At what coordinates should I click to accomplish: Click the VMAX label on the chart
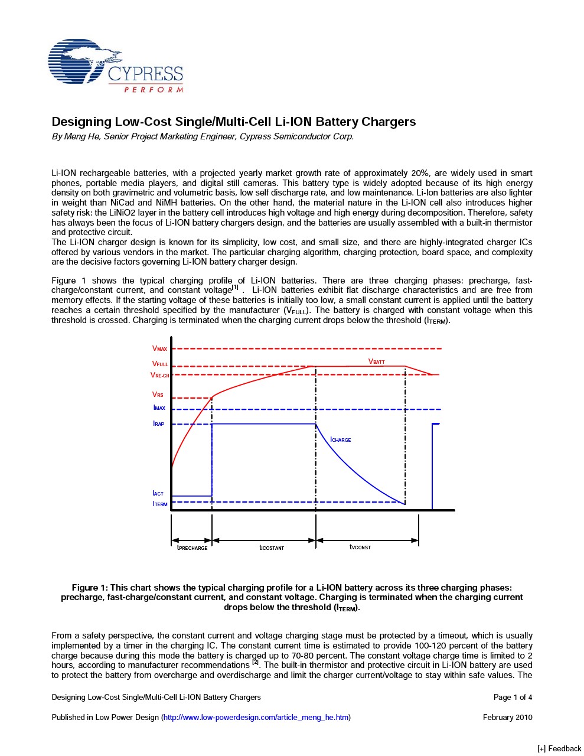[x=159, y=349]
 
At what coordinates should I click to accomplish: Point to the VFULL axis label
[x=159, y=364]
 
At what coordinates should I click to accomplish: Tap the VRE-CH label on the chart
[x=159, y=375]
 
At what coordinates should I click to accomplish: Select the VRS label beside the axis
[x=158, y=395]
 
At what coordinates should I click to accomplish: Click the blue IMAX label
[x=159, y=408]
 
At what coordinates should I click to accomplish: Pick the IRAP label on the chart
[x=159, y=424]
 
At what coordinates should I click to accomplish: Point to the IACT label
[x=158, y=493]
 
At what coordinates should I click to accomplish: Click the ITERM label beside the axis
[x=160, y=504]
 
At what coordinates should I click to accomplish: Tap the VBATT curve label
[x=377, y=361]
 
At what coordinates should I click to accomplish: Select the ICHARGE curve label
[x=341, y=439]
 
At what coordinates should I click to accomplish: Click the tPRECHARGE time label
[x=193, y=548]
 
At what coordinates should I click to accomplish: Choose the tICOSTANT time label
[x=272, y=548]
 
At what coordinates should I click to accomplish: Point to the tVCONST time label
[x=360, y=548]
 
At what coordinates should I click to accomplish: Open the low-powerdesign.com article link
[x=256, y=718]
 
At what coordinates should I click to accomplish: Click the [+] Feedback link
[x=559, y=749]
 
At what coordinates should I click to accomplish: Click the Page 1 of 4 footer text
[x=513, y=698]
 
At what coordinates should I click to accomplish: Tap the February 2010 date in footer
[x=507, y=718]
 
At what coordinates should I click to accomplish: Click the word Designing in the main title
[x=81, y=122]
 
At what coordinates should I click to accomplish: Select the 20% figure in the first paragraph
[x=420, y=173]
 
